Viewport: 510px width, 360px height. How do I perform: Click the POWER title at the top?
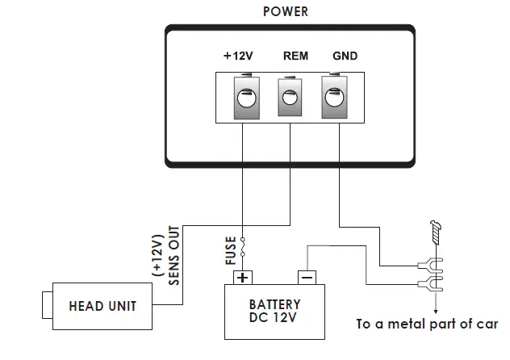(x=285, y=12)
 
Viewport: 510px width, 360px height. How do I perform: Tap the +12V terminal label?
(x=238, y=57)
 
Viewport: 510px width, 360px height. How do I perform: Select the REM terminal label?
(x=296, y=57)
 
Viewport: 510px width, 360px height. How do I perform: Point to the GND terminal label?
(x=345, y=57)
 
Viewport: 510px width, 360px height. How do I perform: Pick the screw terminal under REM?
(x=289, y=98)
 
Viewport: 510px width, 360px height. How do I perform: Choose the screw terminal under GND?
(x=334, y=98)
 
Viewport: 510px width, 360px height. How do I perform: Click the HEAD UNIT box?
(x=102, y=307)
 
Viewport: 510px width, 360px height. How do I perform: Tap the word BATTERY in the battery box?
(x=275, y=304)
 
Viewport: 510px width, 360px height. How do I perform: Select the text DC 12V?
(x=275, y=318)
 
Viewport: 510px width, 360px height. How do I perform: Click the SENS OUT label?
(x=174, y=260)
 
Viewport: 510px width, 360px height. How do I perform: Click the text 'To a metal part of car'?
(x=427, y=325)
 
